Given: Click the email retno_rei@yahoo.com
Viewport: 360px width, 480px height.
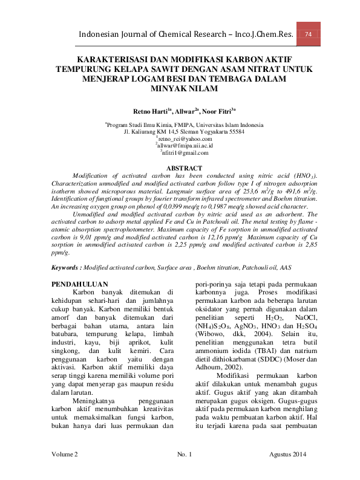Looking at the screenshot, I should (180, 138).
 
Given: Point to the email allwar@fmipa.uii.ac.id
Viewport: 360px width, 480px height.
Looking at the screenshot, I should (180, 146).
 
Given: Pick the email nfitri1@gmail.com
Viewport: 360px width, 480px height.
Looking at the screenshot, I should (180, 153).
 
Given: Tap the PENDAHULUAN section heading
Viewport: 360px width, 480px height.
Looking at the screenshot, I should (80, 284).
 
